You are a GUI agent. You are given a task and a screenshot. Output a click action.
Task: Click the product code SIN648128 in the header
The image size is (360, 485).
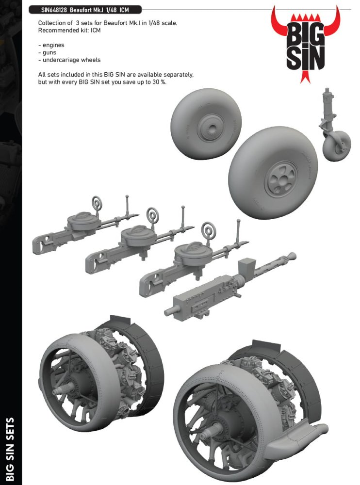click(54, 10)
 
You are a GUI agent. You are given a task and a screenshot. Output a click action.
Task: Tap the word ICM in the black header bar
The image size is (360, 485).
click(124, 10)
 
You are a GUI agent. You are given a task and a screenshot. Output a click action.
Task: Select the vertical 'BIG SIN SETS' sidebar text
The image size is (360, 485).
click(10, 449)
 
